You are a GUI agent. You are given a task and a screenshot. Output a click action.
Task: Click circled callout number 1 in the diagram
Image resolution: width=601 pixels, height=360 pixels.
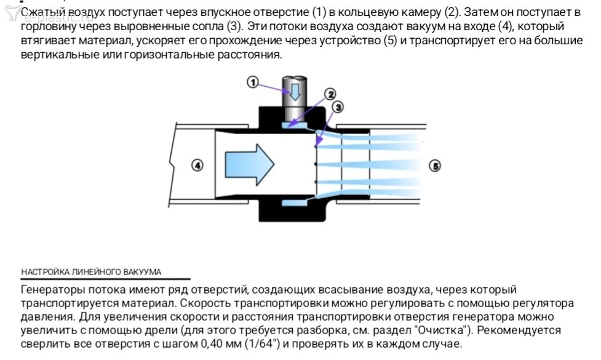252,82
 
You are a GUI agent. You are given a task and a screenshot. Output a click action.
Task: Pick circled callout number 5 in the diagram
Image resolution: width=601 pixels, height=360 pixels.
435,166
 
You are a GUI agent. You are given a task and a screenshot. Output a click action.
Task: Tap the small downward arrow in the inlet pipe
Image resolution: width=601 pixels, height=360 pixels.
295,91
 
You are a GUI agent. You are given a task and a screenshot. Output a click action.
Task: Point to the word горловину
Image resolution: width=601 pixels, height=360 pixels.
47,28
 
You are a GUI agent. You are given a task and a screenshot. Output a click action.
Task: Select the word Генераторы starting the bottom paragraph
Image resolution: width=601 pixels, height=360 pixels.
53,290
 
